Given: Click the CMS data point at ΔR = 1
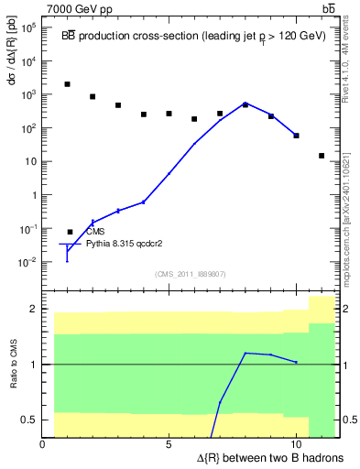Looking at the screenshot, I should pyautogui.click(x=68, y=84).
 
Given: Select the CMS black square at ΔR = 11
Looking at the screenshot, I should pyautogui.click(x=322, y=156).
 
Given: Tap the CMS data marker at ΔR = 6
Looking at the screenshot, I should pyautogui.click(x=194, y=119).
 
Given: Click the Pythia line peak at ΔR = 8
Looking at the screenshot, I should pyautogui.click(x=245, y=104).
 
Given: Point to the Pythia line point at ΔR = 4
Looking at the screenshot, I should pyautogui.click(x=144, y=202).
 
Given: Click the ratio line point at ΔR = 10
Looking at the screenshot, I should pyautogui.click(x=296, y=363).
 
